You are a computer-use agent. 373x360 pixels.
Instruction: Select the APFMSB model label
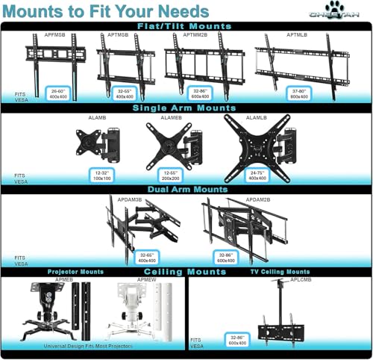click(x=54, y=34)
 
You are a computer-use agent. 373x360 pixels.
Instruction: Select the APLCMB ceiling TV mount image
click(x=280, y=314)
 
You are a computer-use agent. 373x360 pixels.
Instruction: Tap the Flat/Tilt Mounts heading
click(x=186, y=26)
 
